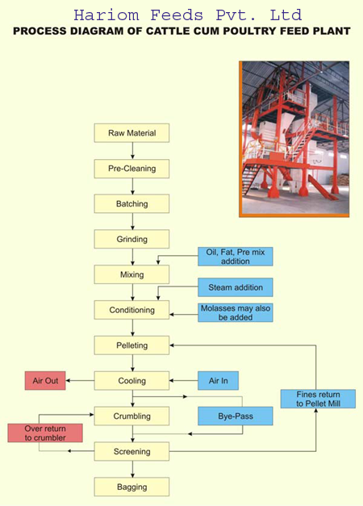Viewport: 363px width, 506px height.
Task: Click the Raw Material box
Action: point(131,133)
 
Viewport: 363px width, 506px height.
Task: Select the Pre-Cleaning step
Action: point(131,169)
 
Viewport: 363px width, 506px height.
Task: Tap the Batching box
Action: point(131,203)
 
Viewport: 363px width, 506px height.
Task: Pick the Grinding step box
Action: point(131,239)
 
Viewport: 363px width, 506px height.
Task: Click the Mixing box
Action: point(131,274)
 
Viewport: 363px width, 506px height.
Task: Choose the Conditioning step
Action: point(131,310)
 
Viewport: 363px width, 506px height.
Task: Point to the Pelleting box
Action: point(131,345)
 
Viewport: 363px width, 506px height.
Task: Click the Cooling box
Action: point(131,381)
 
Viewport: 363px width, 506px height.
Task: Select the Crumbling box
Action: point(131,416)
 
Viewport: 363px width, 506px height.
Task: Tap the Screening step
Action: point(131,451)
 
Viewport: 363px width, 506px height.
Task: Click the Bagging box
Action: point(131,487)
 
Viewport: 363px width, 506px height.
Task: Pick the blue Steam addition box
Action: point(236,287)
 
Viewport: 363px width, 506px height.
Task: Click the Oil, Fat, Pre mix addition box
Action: point(236,257)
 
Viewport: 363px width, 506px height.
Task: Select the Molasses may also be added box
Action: point(236,312)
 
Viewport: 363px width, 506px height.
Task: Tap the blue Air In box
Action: point(218,381)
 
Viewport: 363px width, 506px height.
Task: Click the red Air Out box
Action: point(45,381)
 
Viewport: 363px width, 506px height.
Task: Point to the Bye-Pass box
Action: point(236,416)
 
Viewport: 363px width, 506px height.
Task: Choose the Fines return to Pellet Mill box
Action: point(318,399)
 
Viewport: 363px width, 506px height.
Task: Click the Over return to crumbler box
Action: point(45,433)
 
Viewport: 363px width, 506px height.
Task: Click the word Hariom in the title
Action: point(106,15)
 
